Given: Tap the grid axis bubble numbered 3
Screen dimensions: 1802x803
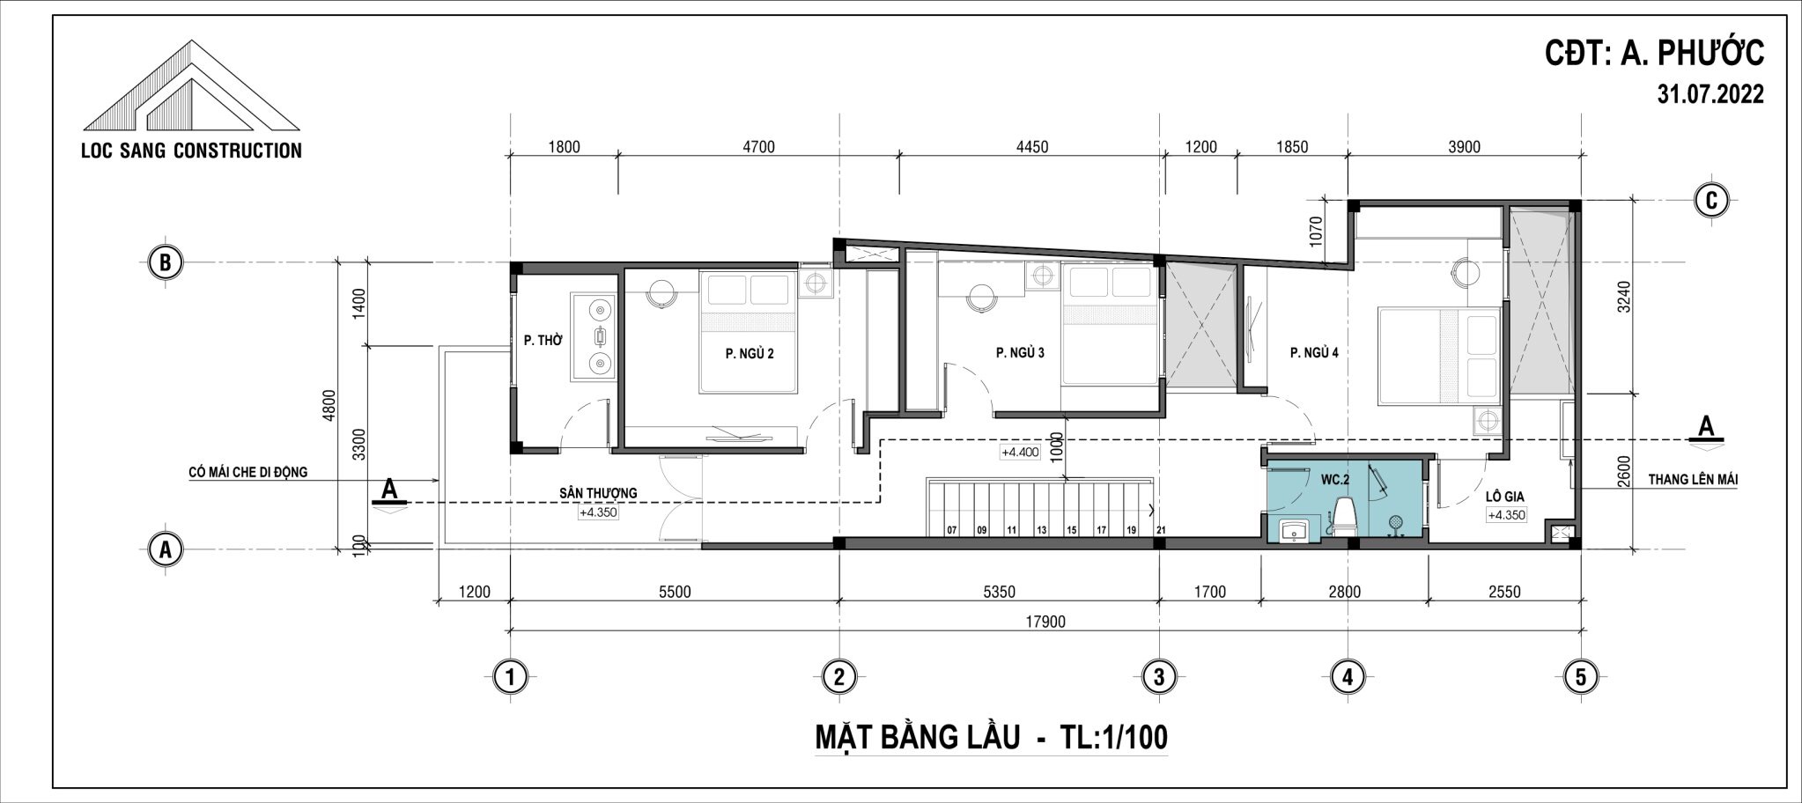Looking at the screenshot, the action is click(x=1158, y=677).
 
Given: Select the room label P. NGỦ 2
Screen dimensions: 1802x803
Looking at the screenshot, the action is click(x=750, y=353).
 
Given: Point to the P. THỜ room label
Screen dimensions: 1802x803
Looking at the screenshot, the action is click(x=543, y=340).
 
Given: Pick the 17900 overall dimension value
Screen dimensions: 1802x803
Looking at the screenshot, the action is click(x=1045, y=622).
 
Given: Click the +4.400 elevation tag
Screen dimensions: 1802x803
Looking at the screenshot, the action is click(x=1021, y=453).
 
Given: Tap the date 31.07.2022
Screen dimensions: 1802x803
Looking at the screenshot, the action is click(x=1710, y=95).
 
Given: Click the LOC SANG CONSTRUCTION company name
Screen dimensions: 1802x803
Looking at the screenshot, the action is click(x=191, y=151).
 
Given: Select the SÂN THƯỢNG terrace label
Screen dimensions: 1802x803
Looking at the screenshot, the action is click(x=598, y=493).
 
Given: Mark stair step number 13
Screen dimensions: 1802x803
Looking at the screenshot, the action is click(x=1041, y=530).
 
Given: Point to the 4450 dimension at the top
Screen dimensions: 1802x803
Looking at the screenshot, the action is click(x=1032, y=147).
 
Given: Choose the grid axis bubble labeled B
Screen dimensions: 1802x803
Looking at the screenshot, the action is click(x=165, y=262).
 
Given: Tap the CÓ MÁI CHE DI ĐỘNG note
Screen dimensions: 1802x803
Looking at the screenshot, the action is click(x=248, y=472).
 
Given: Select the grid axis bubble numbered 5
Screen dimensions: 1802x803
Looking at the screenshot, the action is click(x=1581, y=677).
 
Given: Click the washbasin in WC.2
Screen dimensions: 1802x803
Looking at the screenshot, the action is click(x=1292, y=529).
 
